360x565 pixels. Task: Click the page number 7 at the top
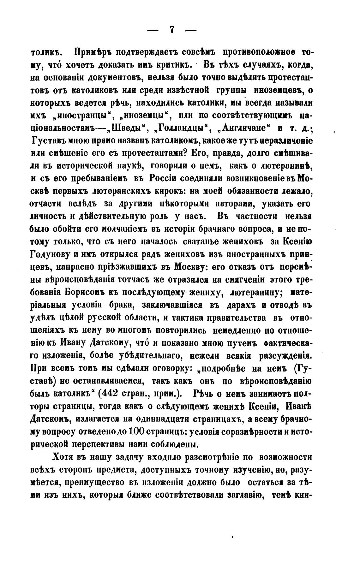[172, 30]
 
